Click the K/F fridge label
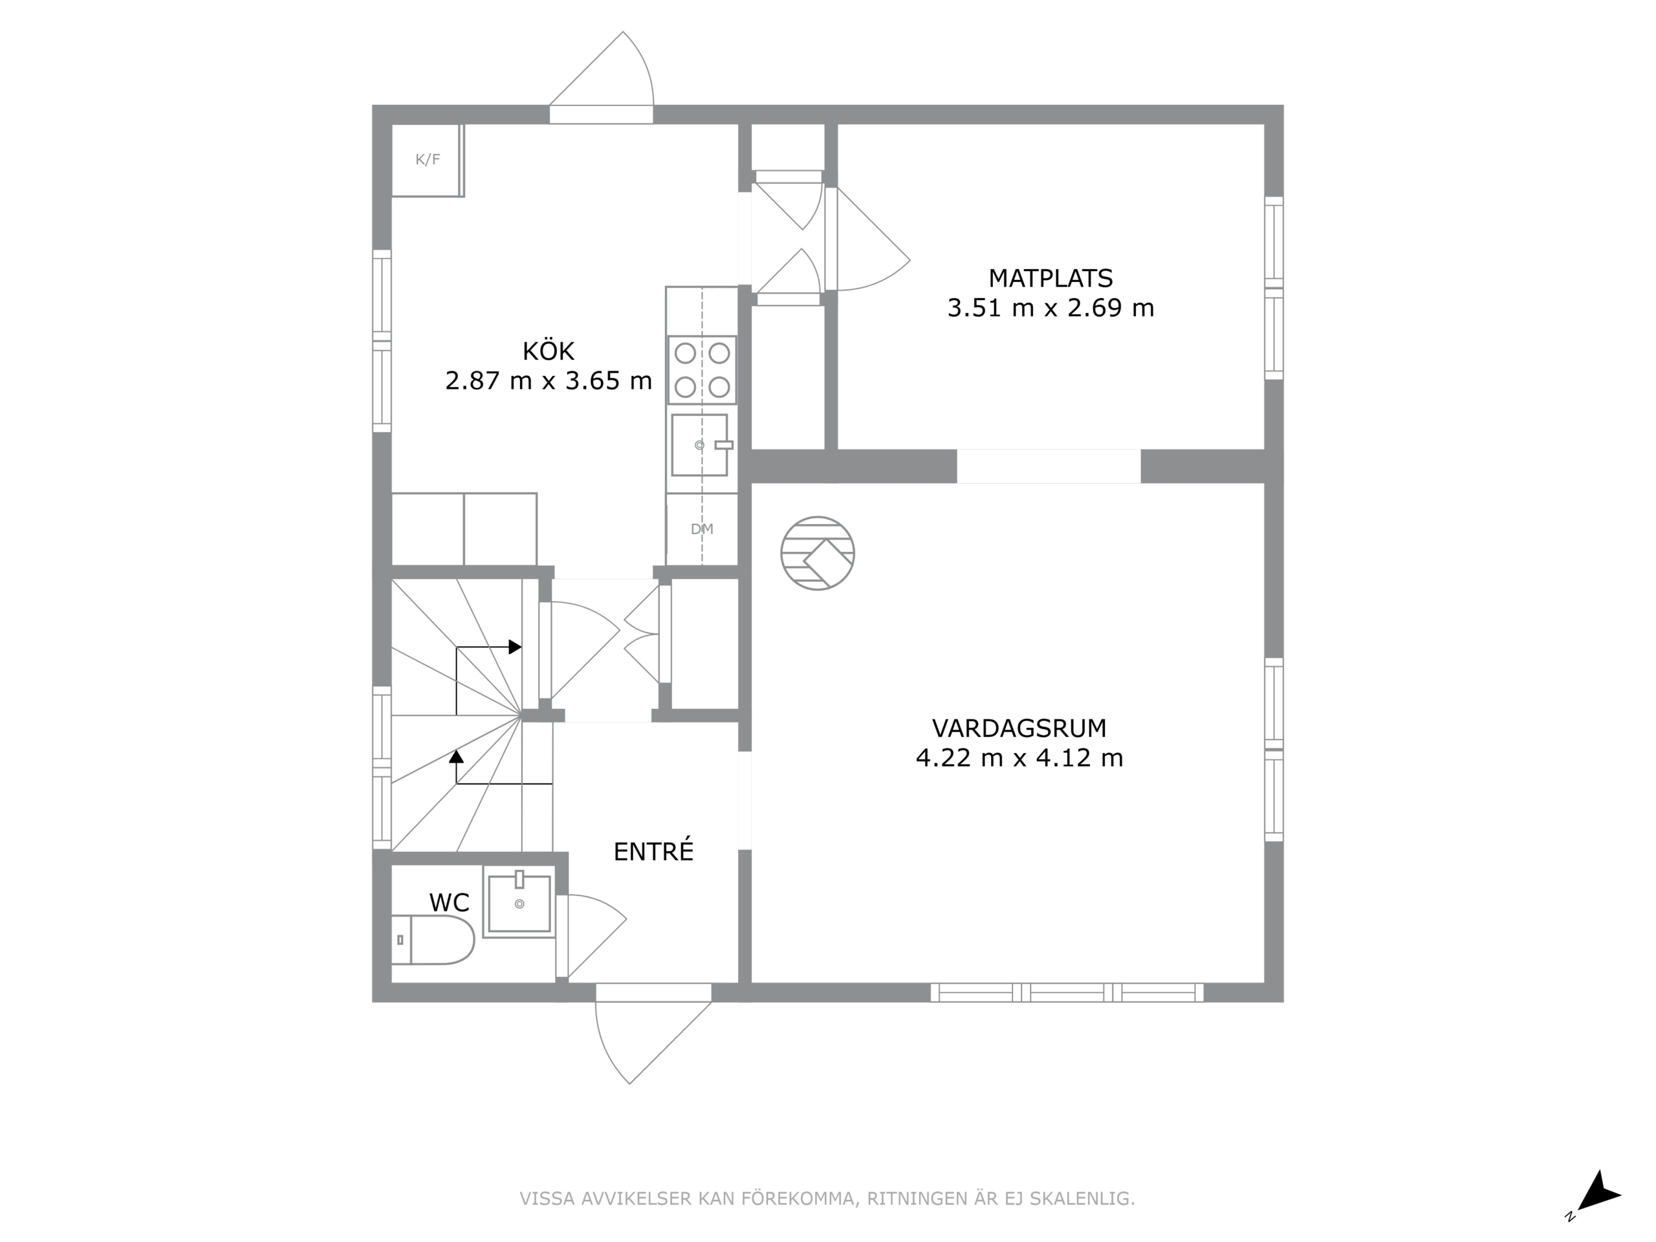coord(428,160)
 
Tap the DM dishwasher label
coord(701,529)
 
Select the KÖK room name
coord(548,351)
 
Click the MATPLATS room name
coord(1051,279)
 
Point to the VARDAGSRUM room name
coord(1019,728)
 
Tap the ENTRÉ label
coord(653,851)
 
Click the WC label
coord(449,902)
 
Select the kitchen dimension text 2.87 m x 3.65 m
coord(548,381)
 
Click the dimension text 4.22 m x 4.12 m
coord(1019,757)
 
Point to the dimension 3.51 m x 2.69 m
coord(1051,308)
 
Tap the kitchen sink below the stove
coord(700,446)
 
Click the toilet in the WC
coord(433,939)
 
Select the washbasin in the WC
coord(519,902)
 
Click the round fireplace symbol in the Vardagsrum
coord(818,553)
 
